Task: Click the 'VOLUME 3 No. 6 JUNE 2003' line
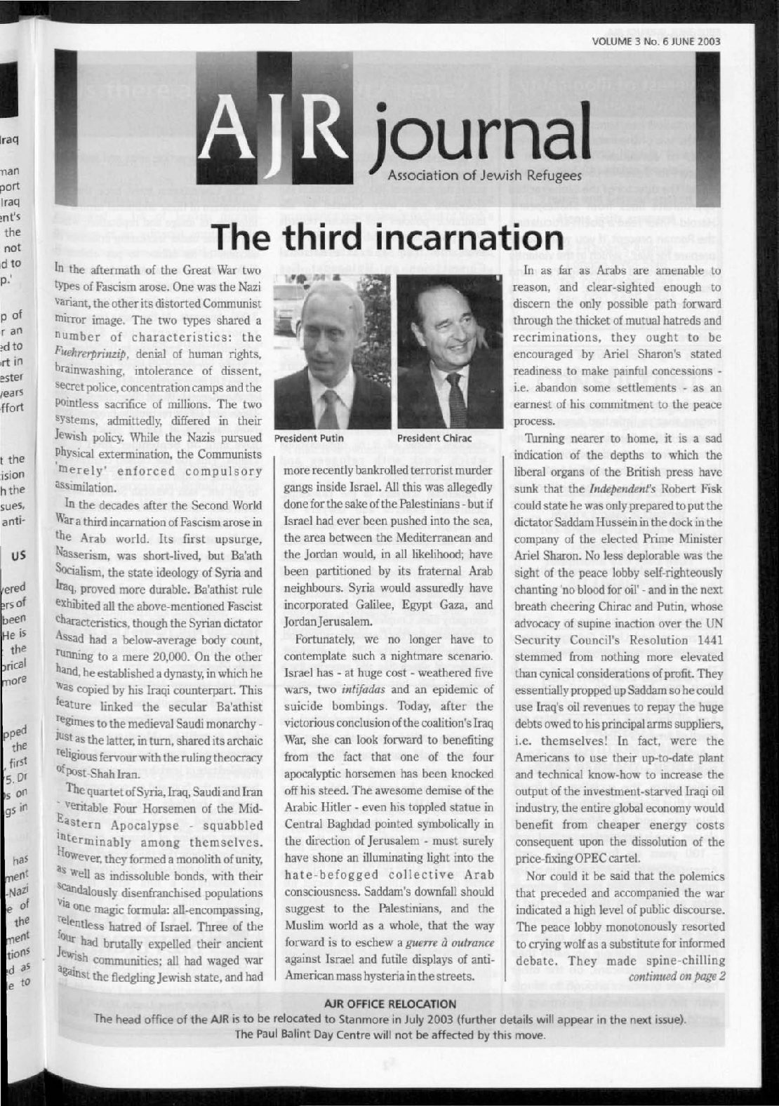[x=656, y=41]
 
